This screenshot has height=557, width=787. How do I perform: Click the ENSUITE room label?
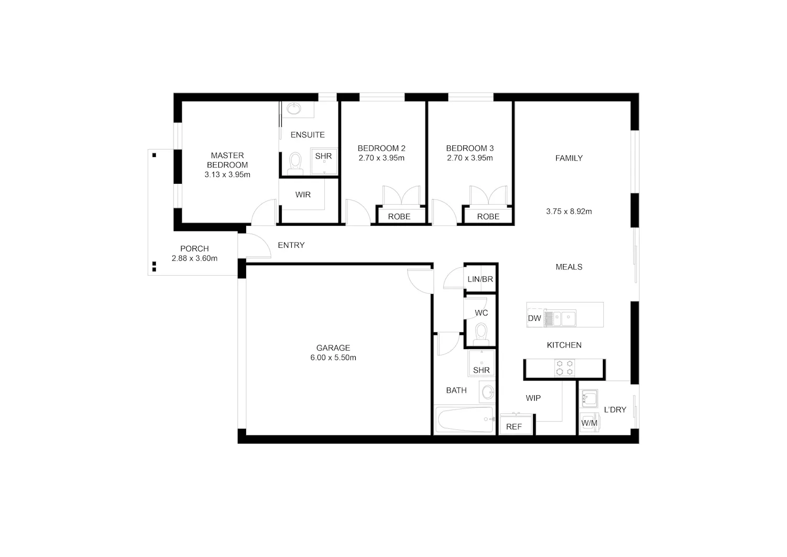307,135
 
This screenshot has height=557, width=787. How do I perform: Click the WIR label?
303,194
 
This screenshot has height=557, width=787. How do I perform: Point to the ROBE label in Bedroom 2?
399,216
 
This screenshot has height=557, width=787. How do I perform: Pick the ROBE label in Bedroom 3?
488,216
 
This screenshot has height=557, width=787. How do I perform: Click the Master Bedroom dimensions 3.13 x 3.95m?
227,174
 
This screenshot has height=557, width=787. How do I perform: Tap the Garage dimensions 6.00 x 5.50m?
333,358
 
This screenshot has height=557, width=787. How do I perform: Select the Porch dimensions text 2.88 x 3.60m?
194,258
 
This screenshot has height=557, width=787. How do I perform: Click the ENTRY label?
291,245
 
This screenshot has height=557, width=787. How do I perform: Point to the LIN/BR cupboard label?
480,279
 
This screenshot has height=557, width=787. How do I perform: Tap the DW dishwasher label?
535,318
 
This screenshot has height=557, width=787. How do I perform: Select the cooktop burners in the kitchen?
565,368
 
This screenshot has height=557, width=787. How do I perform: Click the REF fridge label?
514,426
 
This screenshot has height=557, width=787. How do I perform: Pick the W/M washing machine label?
589,423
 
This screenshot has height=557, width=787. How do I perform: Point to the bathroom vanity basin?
487,392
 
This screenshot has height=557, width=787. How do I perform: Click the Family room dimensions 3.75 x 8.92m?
569,212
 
